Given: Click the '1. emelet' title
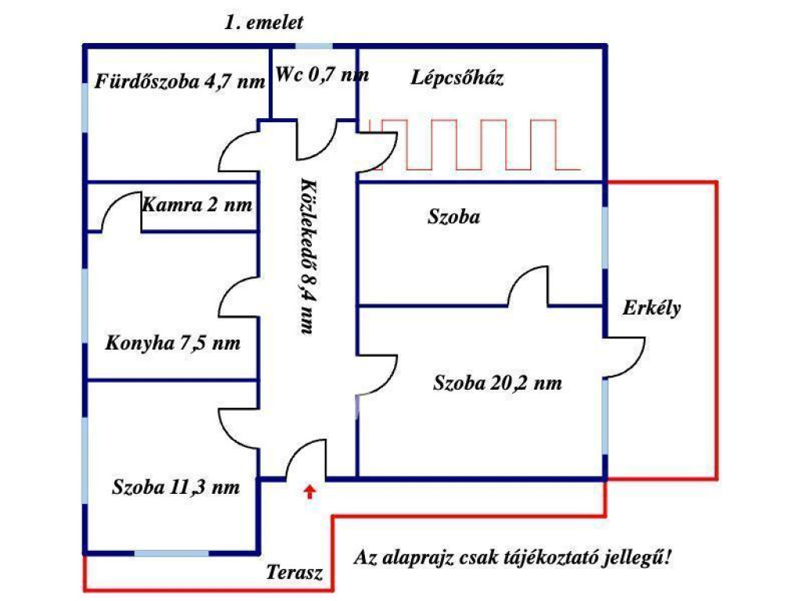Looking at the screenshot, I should [263, 23].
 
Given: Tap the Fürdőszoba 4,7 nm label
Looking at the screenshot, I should [180, 81].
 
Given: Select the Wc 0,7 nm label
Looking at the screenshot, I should [322, 75].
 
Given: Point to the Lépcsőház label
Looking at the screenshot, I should [457, 77].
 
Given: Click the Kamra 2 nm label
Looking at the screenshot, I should [197, 205].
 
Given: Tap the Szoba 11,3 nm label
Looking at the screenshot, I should [175, 486].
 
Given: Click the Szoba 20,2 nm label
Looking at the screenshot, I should [497, 383].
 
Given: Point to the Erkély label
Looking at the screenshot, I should [652, 308].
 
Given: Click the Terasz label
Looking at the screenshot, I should [294, 572].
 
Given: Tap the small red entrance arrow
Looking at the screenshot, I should [310, 491].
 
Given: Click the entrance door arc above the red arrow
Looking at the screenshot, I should [305, 458].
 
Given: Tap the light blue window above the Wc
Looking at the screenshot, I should [314, 46].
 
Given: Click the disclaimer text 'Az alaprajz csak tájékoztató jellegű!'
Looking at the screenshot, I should [515, 559].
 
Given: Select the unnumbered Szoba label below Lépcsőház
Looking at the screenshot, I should [453, 218].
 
